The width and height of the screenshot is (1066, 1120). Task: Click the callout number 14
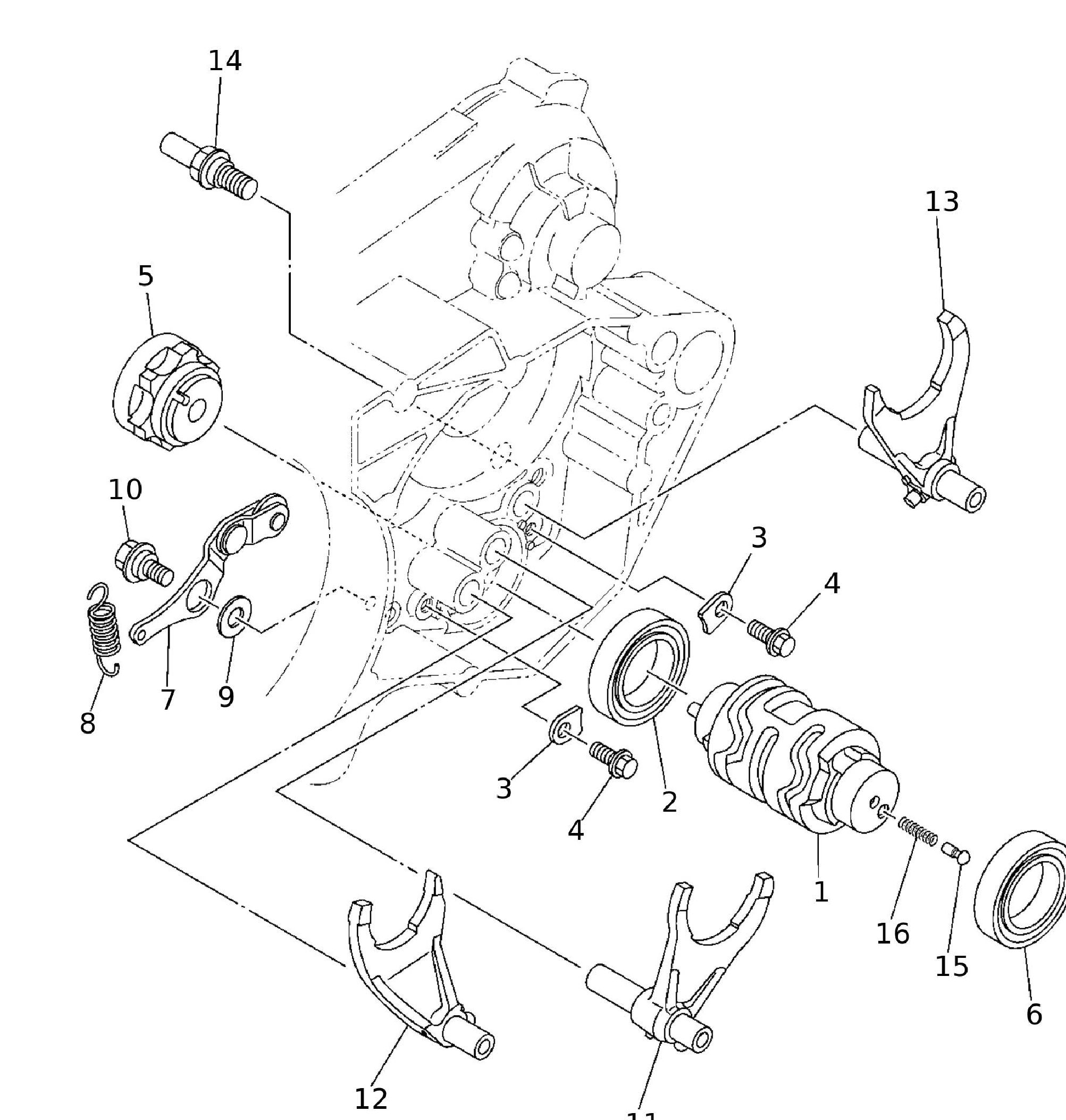pyautogui.click(x=225, y=61)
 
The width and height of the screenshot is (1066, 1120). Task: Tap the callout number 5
pyautogui.click(x=146, y=276)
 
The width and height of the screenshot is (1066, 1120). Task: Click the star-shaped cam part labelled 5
pyautogui.click(x=167, y=390)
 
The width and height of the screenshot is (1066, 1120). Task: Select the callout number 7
pyautogui.click(x=167, y=700)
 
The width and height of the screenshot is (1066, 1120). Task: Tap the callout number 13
pyautogui.click(x=942, y=201)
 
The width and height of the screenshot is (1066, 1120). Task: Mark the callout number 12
pyautogui.click(x=371, y=1099)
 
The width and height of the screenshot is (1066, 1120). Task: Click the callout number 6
pyautogui.click(x=1034, y=1014)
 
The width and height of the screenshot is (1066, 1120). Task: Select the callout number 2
pyautogui.click(x=669, y=802)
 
